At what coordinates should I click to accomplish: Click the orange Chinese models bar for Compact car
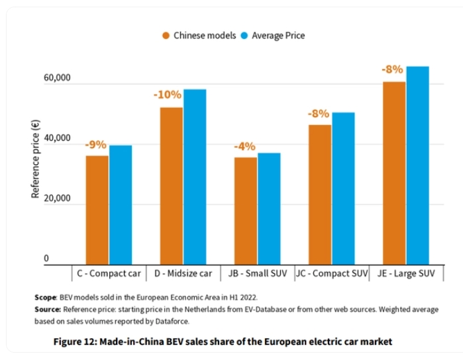click(x=97, y=210)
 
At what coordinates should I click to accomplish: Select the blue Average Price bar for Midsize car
click(x=195, y=177)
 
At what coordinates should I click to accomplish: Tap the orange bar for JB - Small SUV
click(x=246, y=210)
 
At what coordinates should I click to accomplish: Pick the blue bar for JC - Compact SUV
click(x=343, y=189)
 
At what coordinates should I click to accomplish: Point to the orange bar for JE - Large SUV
click(x=394, y=173)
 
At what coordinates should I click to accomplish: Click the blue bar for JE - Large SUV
click(x=417, y=165)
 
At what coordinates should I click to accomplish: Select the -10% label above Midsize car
click(x=168, y=95)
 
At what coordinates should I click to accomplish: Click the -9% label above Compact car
click(x=95, y=145)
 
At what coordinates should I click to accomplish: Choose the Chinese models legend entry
click(x=199, y=35)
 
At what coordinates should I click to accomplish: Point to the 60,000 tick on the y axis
click(x=57, y=79)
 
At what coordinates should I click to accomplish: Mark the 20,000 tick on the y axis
click(x=57, y=199)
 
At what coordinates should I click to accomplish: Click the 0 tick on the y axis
click(x=46, y=258)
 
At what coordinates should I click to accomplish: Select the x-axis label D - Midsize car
click(x=182, y=273)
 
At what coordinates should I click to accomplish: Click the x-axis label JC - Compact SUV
click(x=332, y=273)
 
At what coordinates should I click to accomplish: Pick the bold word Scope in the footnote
click(x=45, y=298)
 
